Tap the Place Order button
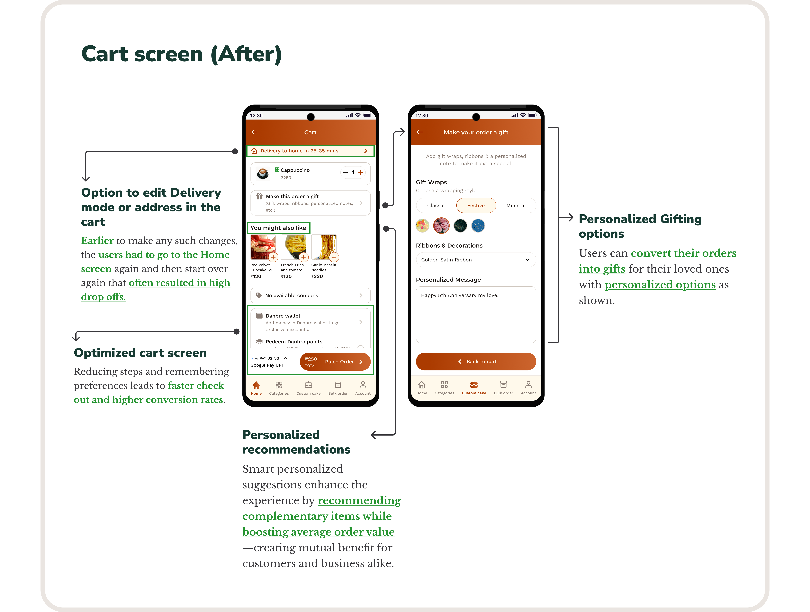pyautogui.click(x=335, y=361)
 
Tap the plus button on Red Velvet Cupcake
pyautogui.click(x=273, y=257)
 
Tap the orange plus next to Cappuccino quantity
pyautogui.click(x=361, y=172)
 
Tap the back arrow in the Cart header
pyautogui.click(x=255, y=132)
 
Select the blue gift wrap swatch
pyautogui.click(x=478, y=226)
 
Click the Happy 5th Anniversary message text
pyautogui.click(x=460, y=295)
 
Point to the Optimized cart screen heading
pyautogui.click(x=140, y=353)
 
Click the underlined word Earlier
pyautogui.click(x=97, y=241)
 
